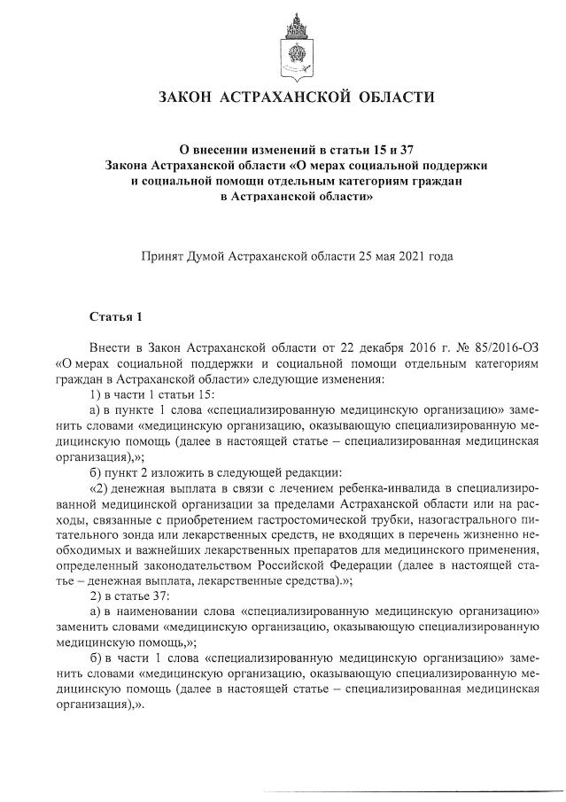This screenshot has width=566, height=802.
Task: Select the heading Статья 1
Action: [115, 316]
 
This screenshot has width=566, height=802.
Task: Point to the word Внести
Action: [109, 347]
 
